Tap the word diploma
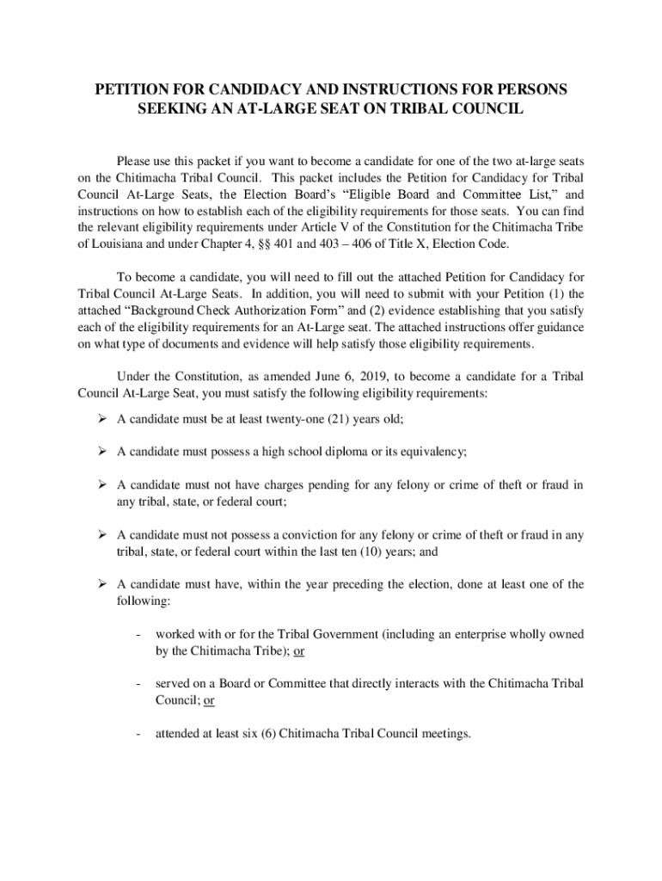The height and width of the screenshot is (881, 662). [x=357, y=452]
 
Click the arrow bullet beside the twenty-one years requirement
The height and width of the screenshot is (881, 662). [x=101, y=419]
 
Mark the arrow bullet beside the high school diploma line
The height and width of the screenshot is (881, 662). [x=101, y=452]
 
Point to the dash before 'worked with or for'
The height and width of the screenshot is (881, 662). [x=138, y=634]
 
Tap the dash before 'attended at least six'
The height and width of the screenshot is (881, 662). [x=138, y=734]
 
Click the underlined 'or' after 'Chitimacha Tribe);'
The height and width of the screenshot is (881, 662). [x=298, y=650]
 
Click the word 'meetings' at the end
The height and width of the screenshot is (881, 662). [x=446, y=734]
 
